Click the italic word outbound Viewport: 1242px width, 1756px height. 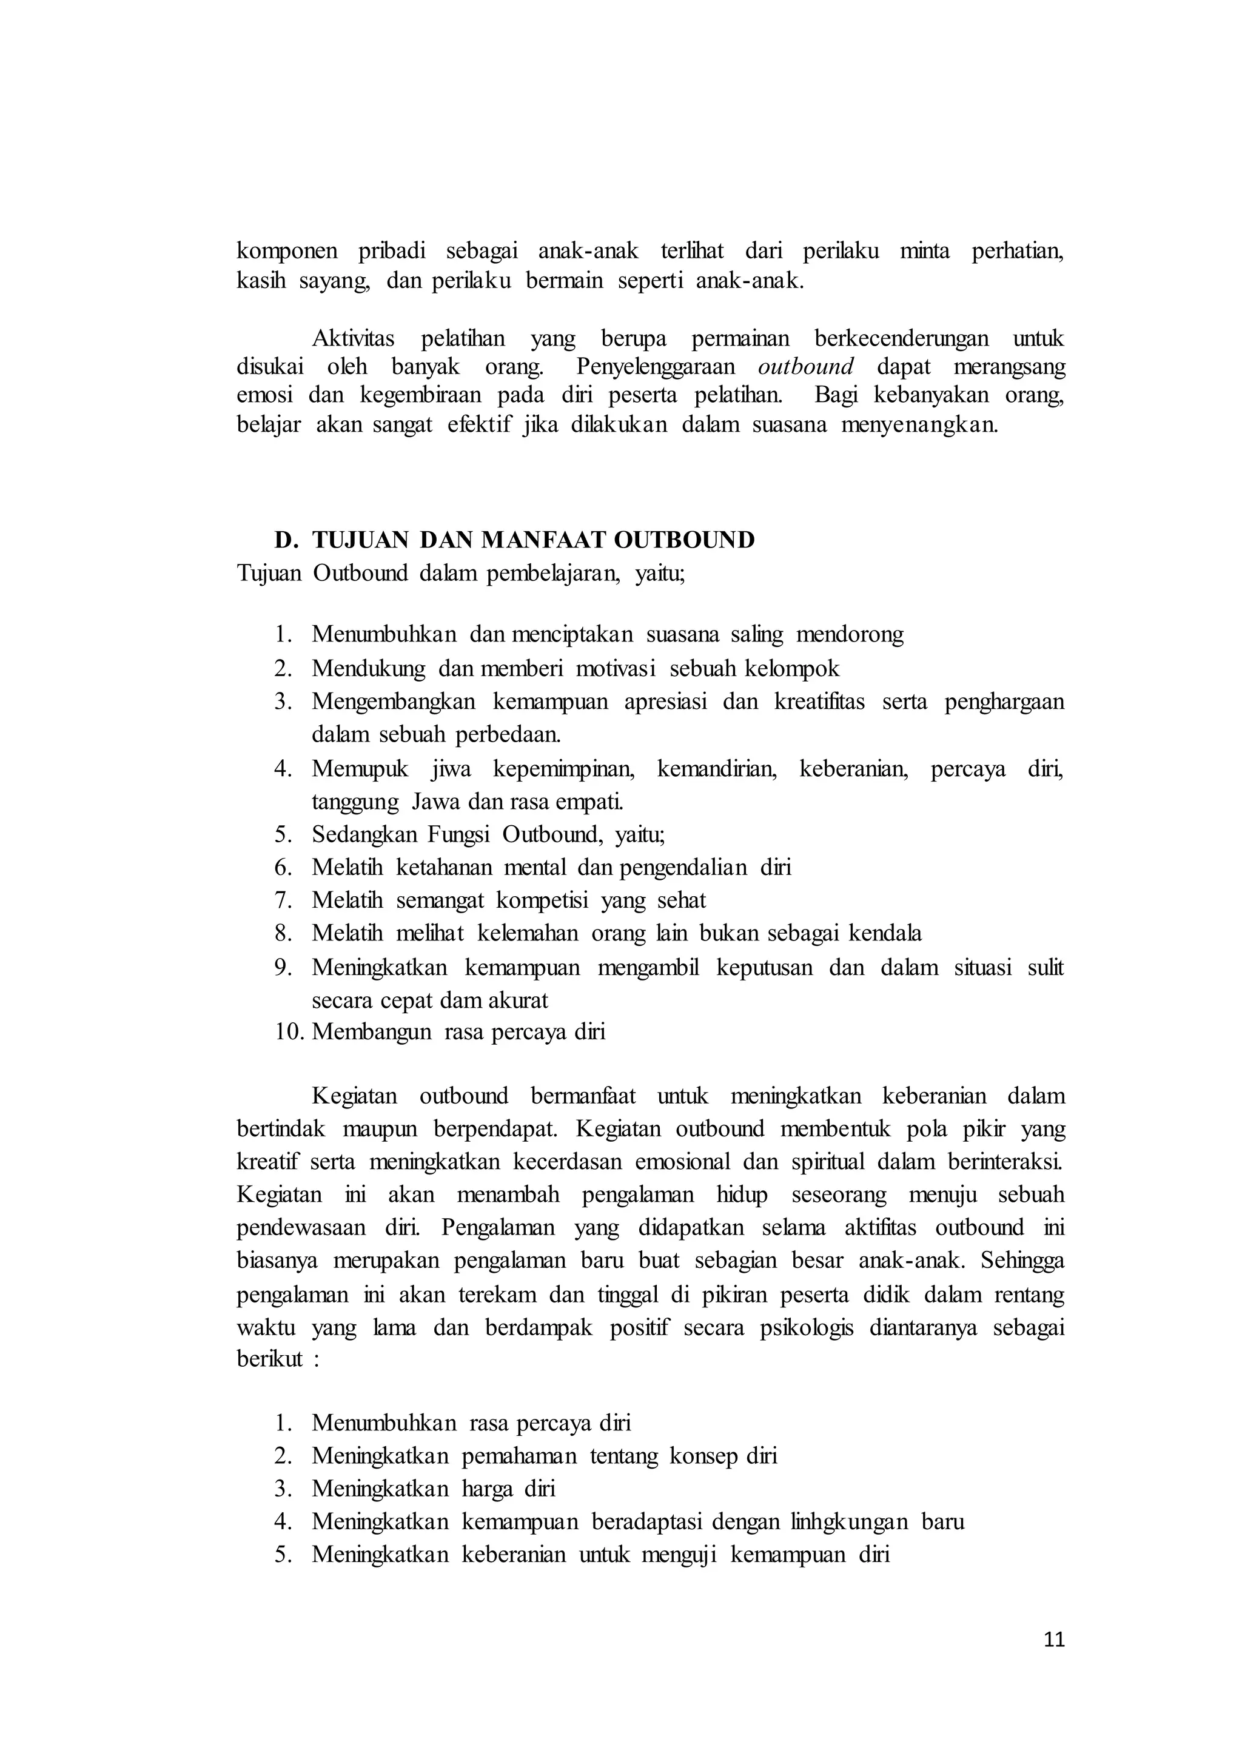[x=805, y=367]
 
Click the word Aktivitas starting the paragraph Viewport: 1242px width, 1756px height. [x=354, y=338]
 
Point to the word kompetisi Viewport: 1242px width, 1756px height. [x=542, y=900]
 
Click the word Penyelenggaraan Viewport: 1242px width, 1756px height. [x=656, y=367]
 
